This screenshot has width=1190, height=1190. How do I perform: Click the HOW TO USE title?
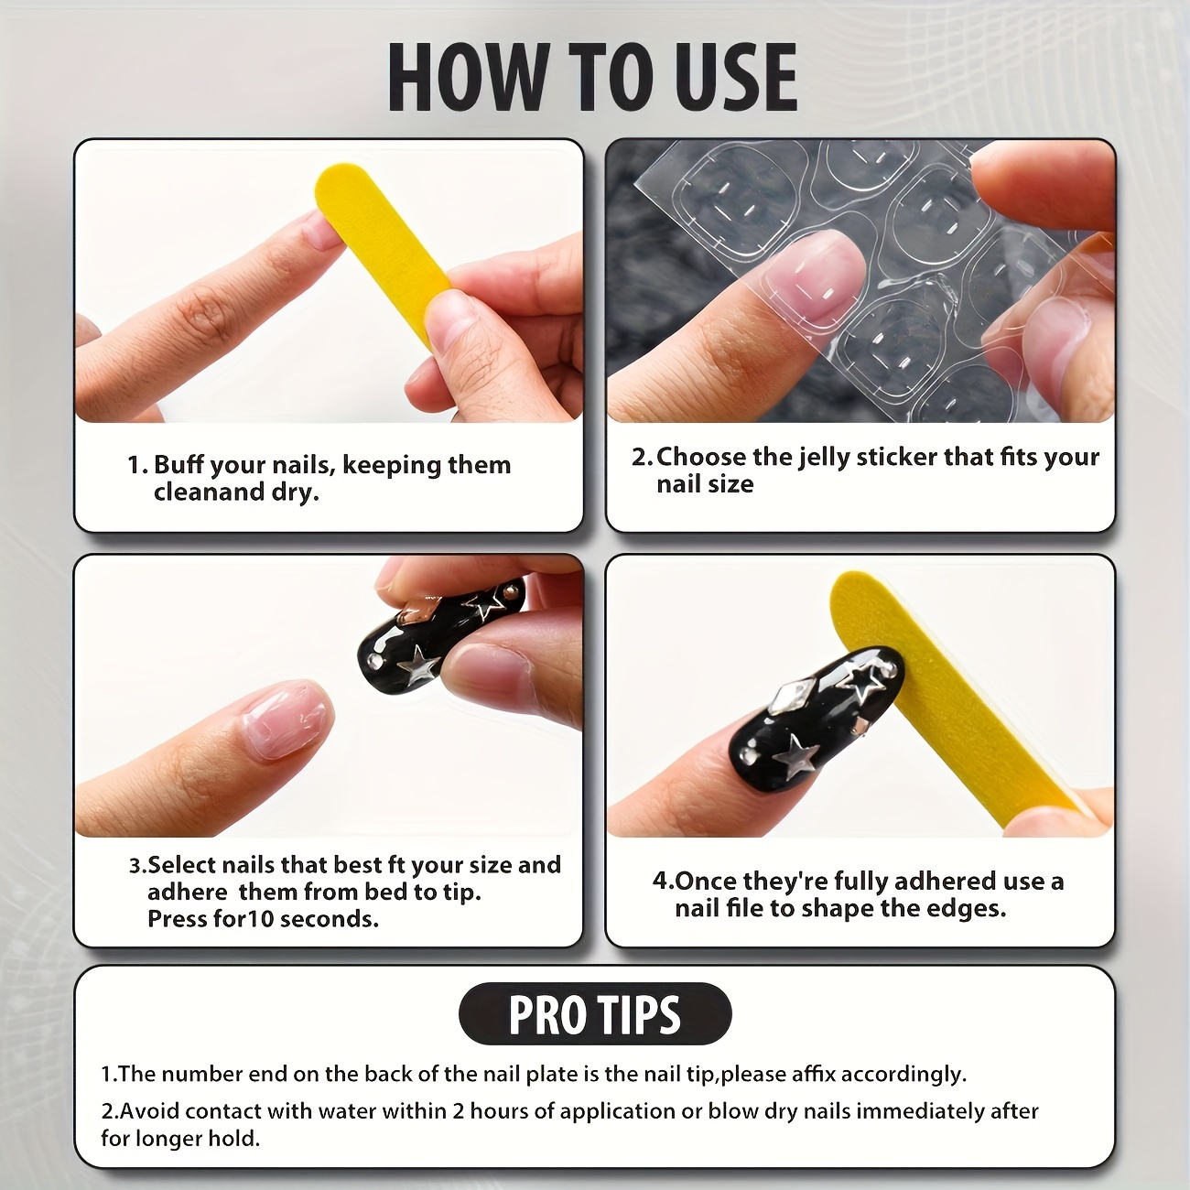click(593, 78)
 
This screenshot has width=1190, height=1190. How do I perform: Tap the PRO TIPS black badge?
click(595, 1014)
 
